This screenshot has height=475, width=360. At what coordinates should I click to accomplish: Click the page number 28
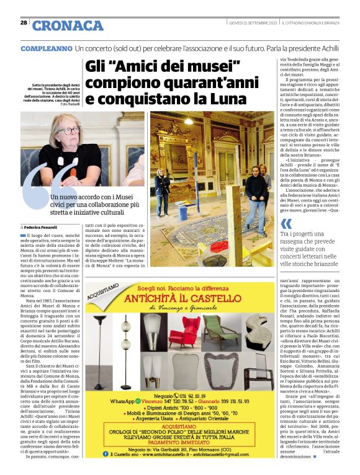click(x=24, y=23)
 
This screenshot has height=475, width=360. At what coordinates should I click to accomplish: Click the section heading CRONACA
click(x=68, y=25)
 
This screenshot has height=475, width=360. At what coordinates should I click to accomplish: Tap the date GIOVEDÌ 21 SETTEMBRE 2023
click(x=251, y=24)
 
